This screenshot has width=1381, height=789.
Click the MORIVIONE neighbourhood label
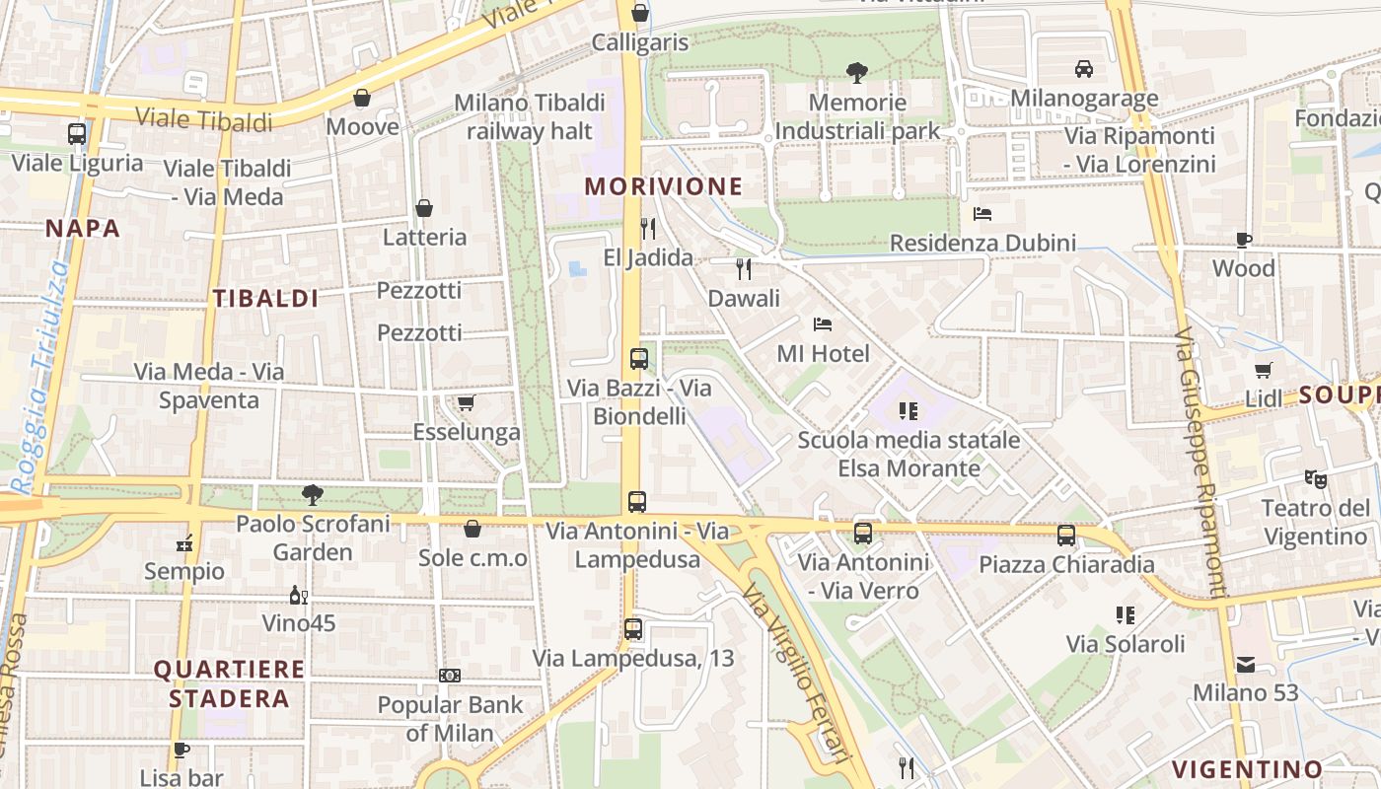click(663, 186)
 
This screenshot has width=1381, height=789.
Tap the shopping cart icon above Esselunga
click(466, 402)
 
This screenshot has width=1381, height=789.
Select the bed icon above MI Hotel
click(823, 323)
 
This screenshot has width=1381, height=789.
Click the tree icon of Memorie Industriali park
click(856, 71)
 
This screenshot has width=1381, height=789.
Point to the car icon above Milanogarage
click(1084, 68)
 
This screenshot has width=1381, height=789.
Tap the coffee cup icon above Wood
click(1243, 240)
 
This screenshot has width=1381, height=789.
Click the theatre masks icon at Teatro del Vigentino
click(1315, 478)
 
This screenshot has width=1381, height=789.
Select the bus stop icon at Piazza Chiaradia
click(1066, 536)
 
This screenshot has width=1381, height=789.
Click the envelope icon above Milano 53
click(1246, 665)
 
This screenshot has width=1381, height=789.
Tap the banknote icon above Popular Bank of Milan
click(450, 676)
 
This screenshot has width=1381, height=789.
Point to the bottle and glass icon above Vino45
click(298, 595)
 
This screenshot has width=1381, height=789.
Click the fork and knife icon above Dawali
click(744, 268)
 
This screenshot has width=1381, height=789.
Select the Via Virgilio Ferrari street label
click(795, 671)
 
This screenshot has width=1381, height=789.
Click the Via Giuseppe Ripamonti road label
click(1200, 464)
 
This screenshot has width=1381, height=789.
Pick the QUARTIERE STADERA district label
click(229, 683)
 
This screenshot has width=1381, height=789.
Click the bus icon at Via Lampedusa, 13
click(633, 628)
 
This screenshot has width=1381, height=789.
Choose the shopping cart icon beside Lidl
click(1264, 371)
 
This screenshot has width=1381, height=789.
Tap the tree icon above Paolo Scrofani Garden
click(313, 494)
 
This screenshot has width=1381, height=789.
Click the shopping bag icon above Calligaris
click(640, 13)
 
